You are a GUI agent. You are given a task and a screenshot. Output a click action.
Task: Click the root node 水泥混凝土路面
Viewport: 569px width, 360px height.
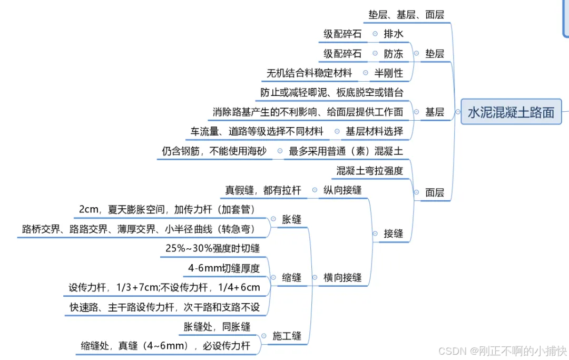pyautogui.click(x=511, y=112)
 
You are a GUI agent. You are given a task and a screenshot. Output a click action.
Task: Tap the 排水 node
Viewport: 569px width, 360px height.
pyautogui.click(x=393, y=34)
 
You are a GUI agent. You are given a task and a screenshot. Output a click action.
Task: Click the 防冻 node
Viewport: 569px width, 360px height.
pyautogui.click(x=393, y=54)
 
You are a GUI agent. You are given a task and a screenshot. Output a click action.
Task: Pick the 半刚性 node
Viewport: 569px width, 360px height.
pyautogui.click(x=388, y=73)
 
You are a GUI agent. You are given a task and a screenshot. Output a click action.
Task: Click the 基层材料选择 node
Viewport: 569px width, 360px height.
pyautogui.click(x=374, y=131)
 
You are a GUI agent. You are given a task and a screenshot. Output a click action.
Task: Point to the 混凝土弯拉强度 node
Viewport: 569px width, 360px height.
pyautogui.click(x=370, y=171)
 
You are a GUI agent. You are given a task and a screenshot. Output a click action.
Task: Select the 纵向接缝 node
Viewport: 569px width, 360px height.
pyautogui.click(x=342, y=190)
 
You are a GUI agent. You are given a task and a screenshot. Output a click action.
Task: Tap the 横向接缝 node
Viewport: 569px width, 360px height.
pyautogui.click(x=342, y=277)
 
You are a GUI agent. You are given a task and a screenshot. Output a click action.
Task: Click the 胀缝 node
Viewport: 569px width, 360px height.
pyautogui.click(x=292, y=219)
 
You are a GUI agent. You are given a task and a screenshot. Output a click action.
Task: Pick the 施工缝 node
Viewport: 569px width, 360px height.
pyautogui.click(x=287, y=336)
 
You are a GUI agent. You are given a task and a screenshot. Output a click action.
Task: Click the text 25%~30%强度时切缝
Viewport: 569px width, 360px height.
pyautogui.click(x=212, y=248)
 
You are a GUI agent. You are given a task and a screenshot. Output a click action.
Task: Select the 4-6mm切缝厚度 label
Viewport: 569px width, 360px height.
pyautogui.click(x=224, y=268)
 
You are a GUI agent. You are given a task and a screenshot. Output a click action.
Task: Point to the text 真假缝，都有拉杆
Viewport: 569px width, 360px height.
pyautogui.click(x=263, y=190)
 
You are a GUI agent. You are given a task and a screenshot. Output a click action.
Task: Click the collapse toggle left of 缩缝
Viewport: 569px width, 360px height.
pyautogui.click(x=273, y=277)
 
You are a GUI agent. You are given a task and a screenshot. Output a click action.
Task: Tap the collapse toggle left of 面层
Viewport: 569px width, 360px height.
pyautogui.click(x=416, y=192)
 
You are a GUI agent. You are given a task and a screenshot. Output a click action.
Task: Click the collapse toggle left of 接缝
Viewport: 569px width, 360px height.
pyautogui.click(x=375, y=233)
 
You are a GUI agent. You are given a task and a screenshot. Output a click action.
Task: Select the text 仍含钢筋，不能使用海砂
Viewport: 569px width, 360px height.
pyautogui.click(x=214, y=151)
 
